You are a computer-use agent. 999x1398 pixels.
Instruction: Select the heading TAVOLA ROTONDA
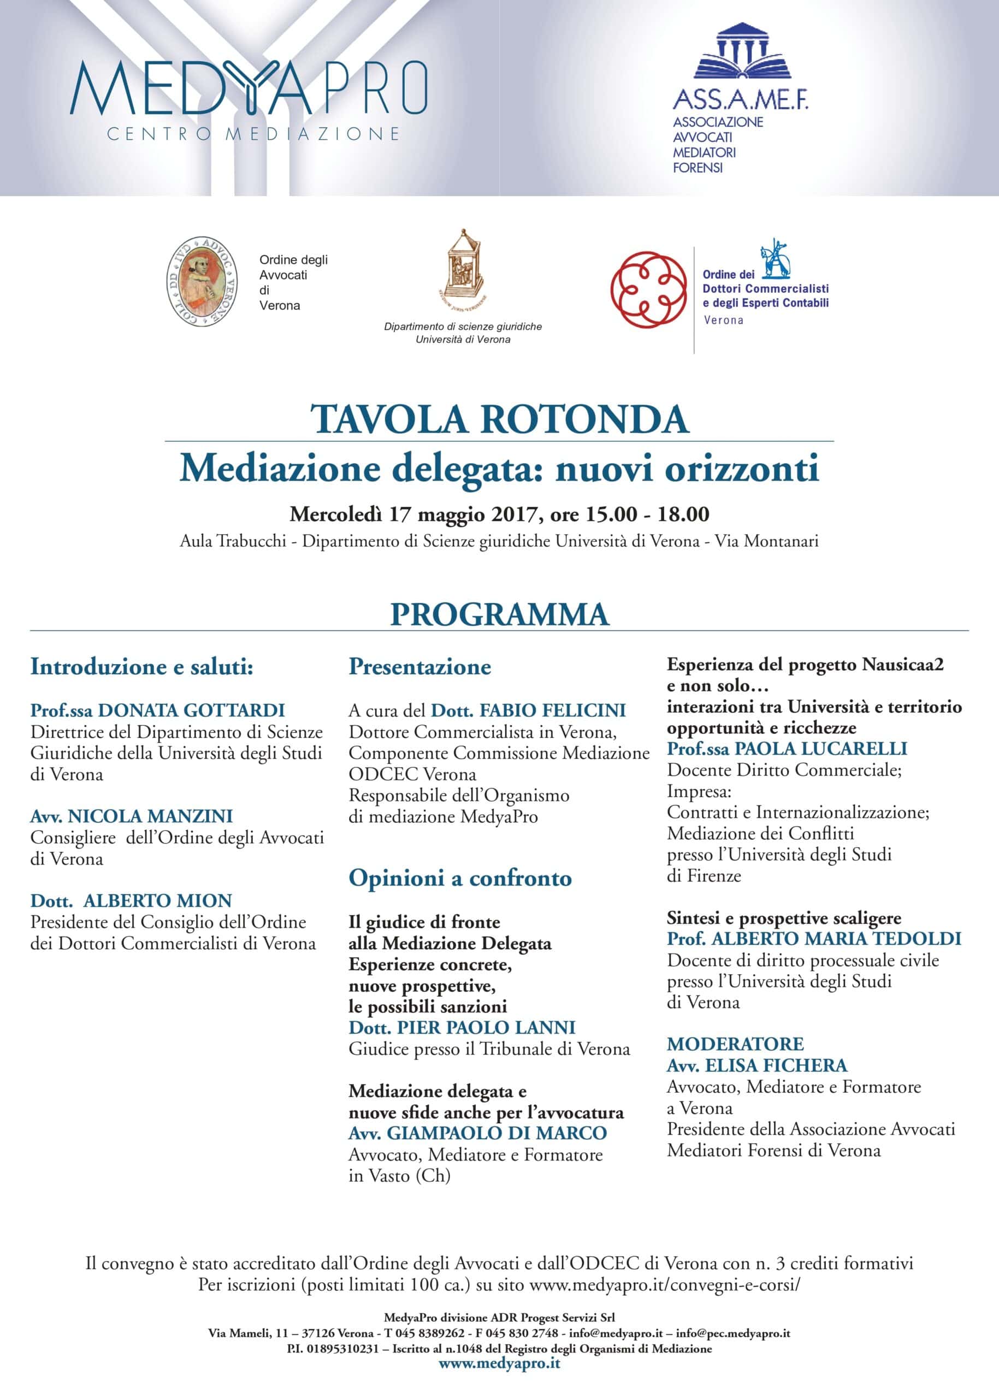(x=499, y=420)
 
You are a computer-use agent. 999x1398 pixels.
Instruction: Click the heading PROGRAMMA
(x=499, y=614)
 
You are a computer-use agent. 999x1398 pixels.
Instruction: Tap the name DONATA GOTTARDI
(x=191, y=710)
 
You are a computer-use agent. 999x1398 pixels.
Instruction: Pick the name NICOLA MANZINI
(x=150, y=816)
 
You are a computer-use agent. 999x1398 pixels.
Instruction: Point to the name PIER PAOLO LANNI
(x=486, y=1028)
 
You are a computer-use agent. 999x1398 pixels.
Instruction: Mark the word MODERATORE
(x=735, y=1044)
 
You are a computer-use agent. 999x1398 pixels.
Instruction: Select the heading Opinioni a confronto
(x=460, y=878)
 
